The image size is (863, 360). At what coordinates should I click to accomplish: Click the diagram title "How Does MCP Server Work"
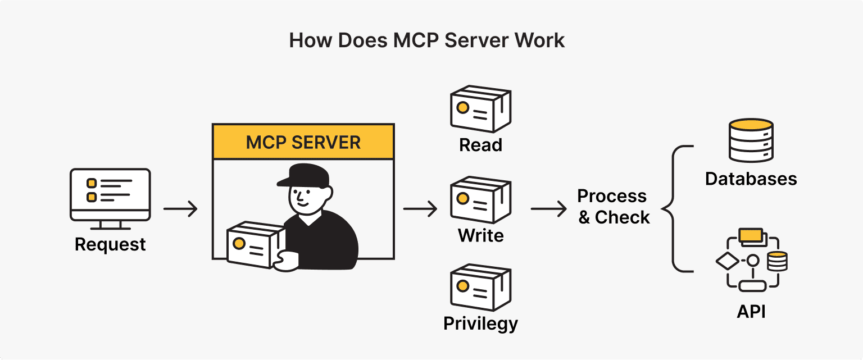click(427, 41)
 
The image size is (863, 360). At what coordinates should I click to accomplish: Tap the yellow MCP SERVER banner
click(303, 142)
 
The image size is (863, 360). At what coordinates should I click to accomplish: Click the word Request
click(110, 245)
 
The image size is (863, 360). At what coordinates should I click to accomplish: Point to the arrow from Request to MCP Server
click(180, 209)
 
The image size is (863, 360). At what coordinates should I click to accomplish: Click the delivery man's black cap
click(303, 175)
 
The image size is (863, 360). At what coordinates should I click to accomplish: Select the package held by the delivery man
click(254, 244)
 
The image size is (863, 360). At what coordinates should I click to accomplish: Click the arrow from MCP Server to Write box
click(420, 209)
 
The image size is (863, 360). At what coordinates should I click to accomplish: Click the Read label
click(480, 145)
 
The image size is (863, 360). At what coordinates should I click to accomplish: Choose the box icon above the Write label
click(480, 199)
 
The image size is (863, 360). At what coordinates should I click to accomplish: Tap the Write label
click(480, 235)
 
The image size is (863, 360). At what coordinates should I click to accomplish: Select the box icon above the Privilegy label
click(480, 288)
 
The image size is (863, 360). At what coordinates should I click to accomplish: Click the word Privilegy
click(480, 324)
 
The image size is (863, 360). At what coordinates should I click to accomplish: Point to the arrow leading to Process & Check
click(548, 209)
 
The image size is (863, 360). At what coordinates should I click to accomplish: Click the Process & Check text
click(614, 207)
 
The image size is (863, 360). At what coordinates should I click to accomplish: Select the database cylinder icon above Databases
click(751, 140)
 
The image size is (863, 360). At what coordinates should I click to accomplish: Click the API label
click(751, 312)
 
